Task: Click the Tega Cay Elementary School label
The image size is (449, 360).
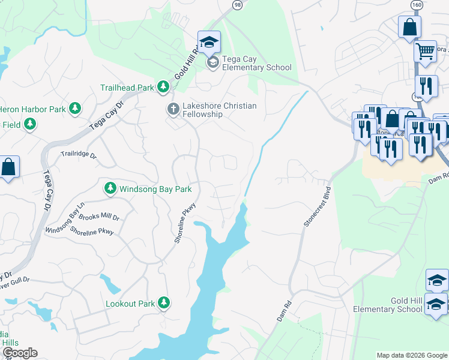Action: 256,63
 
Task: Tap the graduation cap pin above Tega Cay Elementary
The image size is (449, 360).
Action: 209,42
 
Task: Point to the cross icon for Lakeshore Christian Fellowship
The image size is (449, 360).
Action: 172,109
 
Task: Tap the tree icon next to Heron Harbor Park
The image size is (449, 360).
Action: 75,108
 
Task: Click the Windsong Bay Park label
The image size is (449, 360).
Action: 155,189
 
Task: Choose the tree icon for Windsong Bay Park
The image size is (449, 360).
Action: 110,189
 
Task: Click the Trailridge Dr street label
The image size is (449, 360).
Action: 79,154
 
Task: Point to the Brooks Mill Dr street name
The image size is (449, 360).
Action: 100,217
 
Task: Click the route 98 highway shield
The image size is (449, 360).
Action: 238,5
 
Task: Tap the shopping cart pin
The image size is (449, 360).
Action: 425,52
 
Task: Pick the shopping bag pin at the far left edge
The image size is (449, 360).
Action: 9,167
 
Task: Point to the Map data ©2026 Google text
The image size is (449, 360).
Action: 411,355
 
